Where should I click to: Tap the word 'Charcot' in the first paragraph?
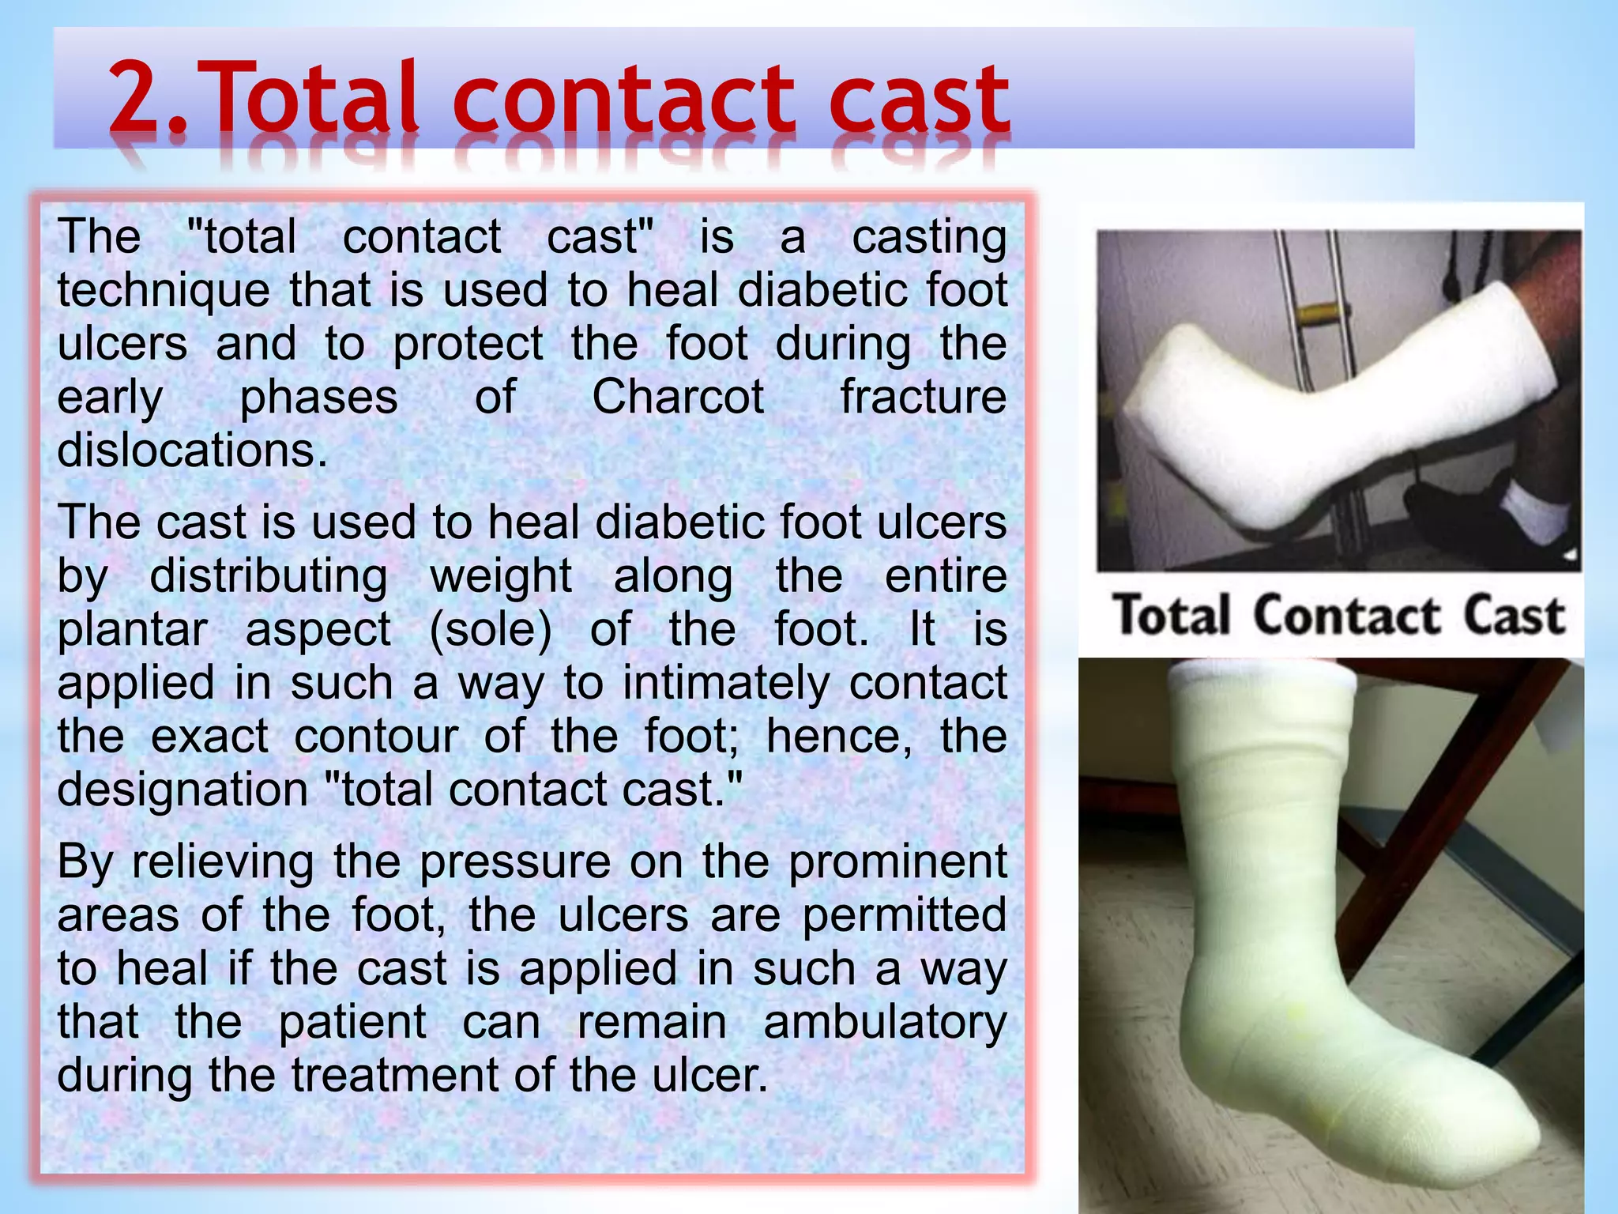(x=678, y=397)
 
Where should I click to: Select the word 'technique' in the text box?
(x=163, y=290)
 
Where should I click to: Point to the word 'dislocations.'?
(x=192, y=451)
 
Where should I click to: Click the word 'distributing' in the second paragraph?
(x=269, y=575)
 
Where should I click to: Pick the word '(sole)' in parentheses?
(x=490, y=629)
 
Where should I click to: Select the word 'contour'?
(x=376, y=737)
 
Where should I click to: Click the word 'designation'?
(x=182, y=790)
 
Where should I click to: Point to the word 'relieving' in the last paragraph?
(x=223, y=861)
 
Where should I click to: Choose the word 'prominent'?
(x=897, y=861)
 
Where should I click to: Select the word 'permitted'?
(x=905, y=915)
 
